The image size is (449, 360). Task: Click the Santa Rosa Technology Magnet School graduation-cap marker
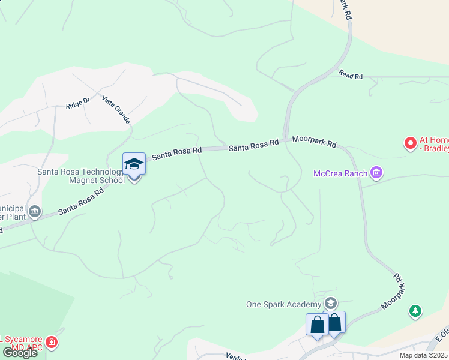click(134, 163)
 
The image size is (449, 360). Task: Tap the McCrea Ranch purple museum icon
click(377, 173)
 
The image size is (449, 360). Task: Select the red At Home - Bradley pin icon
click(411, 143)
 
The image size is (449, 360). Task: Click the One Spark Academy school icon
click(330, 303)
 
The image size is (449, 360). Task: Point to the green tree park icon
click(414, 311)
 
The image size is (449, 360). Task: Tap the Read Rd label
click(351, 76)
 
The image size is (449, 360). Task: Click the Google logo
click(19, 353)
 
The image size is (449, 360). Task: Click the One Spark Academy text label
click(284, 304)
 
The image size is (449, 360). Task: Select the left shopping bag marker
click(317, 325)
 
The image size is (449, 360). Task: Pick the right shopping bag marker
click(334, 322)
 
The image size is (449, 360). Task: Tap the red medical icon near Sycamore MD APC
click(52, 343)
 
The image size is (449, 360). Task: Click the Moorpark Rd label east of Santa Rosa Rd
click(315, 142)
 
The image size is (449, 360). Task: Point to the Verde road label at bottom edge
click(235, 357)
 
